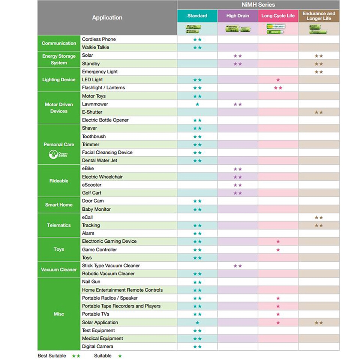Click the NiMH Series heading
click(x=258, y=5)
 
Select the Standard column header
click(x=197, y=16)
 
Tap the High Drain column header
click(x=238, y=16)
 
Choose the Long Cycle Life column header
click(x=278, y=16)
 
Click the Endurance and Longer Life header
click(x=319, y=16)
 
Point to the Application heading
click(x=107, y=18)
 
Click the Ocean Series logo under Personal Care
click(x=59, y=154)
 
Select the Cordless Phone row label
click(x=99, y=39)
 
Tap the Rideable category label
click(x=59, y=181)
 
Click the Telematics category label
click(x=59, y=225)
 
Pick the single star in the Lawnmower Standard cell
click(x=197, y=104)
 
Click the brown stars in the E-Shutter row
click(x=319, y=112)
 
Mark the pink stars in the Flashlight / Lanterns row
click(x=278, y=88)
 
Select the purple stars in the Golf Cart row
click(x=238, y=193)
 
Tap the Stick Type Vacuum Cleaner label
click(x=111, y=266)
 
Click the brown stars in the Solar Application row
click(x=319, y=322)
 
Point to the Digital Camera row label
click(x=97, y=346)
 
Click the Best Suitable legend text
click(x=52, y=356)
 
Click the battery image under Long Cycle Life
click(x=278, y=28)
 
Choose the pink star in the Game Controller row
click(x=278, y=250)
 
